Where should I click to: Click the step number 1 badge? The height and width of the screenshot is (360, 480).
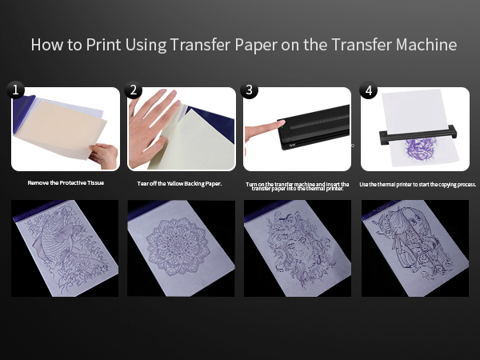(x=15, y=90)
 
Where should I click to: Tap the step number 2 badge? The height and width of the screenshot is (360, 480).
(x=133, y=90)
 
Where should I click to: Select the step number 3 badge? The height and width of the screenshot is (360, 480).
(x=249, y=90)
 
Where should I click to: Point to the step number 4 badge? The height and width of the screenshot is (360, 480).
(x=369, y=90)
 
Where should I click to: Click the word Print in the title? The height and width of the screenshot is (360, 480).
(x=103, y=44)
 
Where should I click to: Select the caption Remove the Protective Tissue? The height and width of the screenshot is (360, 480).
(x=66, y=182)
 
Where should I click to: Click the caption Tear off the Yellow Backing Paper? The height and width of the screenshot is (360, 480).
(x=179, y=184)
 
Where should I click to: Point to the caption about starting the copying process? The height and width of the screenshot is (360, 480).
(x=418, y=184)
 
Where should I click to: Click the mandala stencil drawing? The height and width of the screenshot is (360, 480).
(x=178, y=246)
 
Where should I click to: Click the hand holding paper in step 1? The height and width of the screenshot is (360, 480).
(x=104, y=155)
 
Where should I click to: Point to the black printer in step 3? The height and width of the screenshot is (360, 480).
(x=313, y=127)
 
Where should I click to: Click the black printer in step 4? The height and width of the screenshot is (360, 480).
(x=418, y=134)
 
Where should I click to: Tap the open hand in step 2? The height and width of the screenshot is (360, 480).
(x=150, y=127)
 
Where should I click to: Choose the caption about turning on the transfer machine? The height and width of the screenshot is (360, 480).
(x=298, y=186)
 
